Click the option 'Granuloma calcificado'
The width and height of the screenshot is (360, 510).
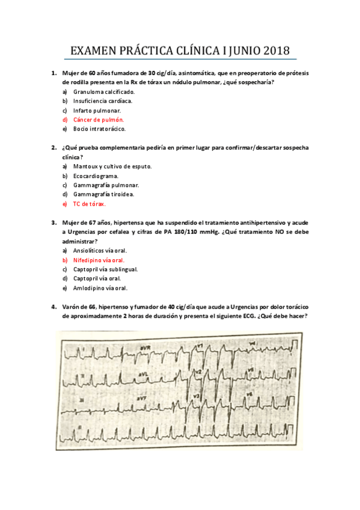(104, 92)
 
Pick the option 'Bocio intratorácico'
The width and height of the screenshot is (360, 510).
(99, 129)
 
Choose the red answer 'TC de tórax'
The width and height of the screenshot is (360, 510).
(89, 204)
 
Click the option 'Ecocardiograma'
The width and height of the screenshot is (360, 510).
(96, 176)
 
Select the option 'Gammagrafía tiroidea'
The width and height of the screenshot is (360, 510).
(103, 194)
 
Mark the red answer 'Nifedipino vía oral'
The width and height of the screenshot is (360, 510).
(99, 260)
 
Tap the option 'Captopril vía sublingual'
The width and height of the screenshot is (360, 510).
(105, 269)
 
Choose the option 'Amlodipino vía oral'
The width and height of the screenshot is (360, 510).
(100, 288)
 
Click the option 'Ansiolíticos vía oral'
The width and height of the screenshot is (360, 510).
(100, 251)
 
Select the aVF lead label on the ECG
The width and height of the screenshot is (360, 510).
(142, 399)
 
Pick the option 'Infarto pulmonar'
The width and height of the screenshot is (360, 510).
(97, 111)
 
